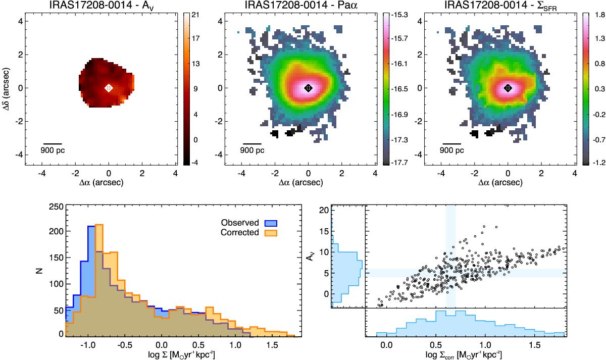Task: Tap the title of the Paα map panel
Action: [x=308, y=6]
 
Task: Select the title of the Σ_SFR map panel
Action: [x=508, y=6]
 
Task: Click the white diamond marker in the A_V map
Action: [x=109, y=88]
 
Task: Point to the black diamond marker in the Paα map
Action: [x=308, y=88]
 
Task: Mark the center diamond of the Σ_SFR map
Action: [x=508, y=88]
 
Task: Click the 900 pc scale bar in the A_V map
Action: [x=53, y=143]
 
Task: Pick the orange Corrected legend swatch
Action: [x=269, y=233]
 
